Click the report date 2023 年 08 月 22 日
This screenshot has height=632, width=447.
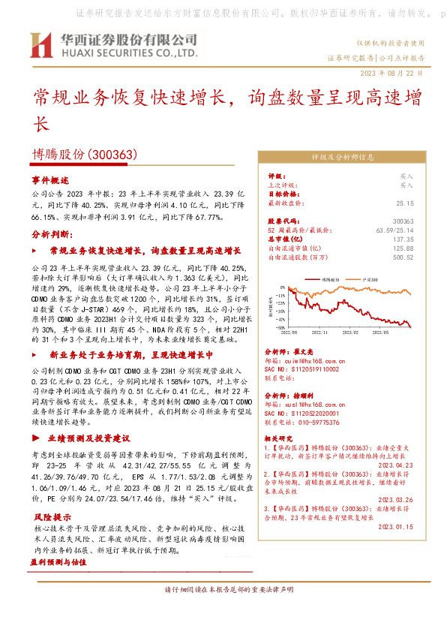point(392,72)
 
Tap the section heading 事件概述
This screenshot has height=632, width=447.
point(50,181)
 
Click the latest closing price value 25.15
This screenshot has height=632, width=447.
point(405,203)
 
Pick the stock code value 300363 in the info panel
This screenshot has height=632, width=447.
point(403,221)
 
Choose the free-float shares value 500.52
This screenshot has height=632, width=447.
point(403,257)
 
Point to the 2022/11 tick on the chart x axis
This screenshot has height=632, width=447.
point(319,329)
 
